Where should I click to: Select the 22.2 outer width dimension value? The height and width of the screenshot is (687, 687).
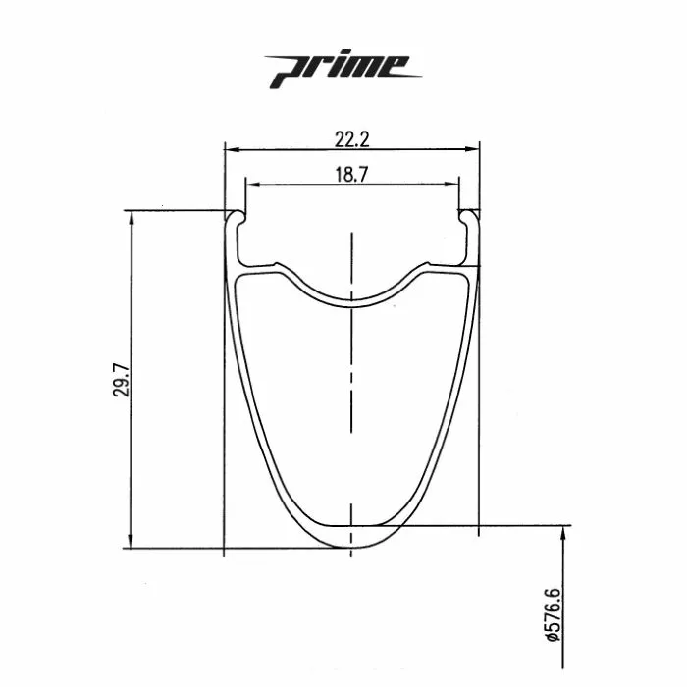pyautogui.click(x=351, y=139)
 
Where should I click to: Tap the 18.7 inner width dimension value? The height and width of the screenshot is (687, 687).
pyautogui.click(x=351, y=173)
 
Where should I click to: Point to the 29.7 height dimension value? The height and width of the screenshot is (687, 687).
pyautogui.click(x=119, y=378)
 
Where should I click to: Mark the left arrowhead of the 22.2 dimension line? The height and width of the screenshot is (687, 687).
pyautogui.click(x=231, y=149)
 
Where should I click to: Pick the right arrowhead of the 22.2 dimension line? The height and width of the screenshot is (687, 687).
pyautogui.click(x=475, y=149)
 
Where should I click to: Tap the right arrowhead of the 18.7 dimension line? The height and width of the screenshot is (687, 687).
pyautogui.click(x=454, y=183)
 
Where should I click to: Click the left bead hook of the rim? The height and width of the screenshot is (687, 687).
pyautogui.click(x=236, y=218)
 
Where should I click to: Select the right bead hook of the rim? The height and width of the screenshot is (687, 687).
pyautogui.click(x=469, y=218)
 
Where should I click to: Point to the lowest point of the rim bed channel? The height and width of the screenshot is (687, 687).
pyautogui.click(x=351, y=298)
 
